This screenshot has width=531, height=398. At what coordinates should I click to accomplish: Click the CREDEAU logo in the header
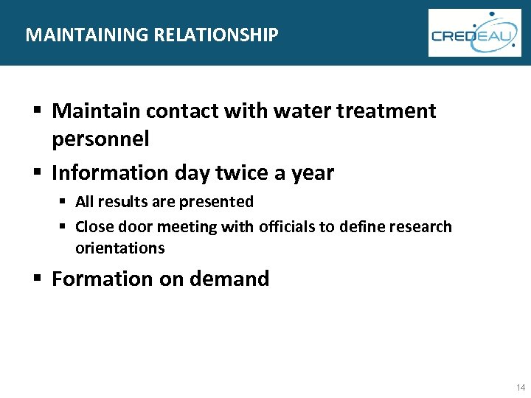point(474,33)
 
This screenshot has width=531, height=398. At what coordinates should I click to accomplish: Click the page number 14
point(521,388)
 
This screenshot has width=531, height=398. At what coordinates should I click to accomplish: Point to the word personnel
point(100,139)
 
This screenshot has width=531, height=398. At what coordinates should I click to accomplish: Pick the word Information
point(111,173)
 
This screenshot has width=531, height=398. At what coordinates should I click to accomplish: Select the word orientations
point(119,248)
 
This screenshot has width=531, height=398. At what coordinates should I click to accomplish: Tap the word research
point(420,227)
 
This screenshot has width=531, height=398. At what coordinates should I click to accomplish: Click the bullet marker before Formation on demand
point(36,279)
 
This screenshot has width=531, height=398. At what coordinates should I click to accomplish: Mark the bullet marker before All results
point(65,202)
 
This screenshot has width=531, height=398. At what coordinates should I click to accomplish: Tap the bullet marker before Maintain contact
point(36,111)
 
